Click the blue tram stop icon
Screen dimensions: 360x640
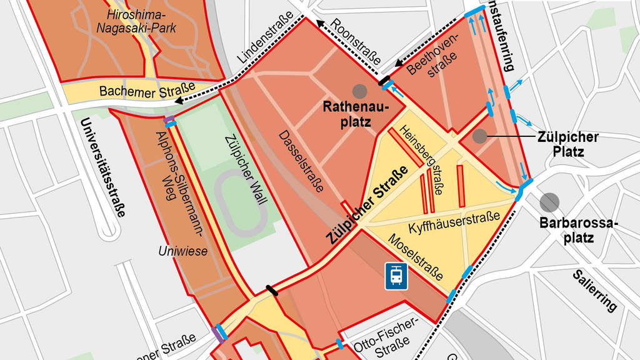coord(396,275)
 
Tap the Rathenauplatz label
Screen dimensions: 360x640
coord(356,114)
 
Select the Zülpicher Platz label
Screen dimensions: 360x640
coord(567,144)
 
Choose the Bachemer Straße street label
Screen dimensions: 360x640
coord(147,91)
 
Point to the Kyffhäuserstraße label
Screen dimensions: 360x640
coord(454,221)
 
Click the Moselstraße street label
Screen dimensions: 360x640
coord(416,257)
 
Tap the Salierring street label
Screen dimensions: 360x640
coord(594,291)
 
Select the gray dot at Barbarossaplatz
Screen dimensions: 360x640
coord(549,202)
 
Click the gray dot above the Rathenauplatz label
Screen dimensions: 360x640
coord(359,91)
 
